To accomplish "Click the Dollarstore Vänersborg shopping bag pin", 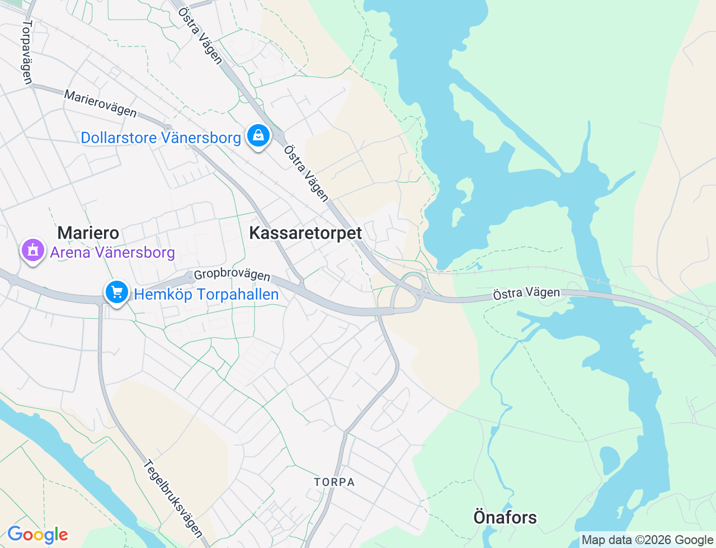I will [258, 136].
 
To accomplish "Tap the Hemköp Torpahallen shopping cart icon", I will [117, 292].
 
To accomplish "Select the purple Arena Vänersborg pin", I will [33, 251].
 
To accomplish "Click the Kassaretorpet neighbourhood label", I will [305, 233].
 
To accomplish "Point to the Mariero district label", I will [88, 233].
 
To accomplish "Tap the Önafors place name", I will [505, 517].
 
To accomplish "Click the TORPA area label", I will [334, 482].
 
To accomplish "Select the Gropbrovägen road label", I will [232, 275].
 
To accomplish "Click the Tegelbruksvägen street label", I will [172, 498].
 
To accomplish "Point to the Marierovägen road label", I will [100, 104].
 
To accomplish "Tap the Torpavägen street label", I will [27, 53].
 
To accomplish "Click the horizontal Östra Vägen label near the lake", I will [526, 293].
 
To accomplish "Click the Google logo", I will [37, 535].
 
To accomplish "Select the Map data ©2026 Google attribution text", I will [647, 540].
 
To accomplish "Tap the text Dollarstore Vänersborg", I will [161, 138].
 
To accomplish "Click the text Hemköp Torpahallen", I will [206, 295].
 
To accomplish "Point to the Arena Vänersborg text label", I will [112, 253].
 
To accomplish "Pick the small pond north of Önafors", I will [610, 460].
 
